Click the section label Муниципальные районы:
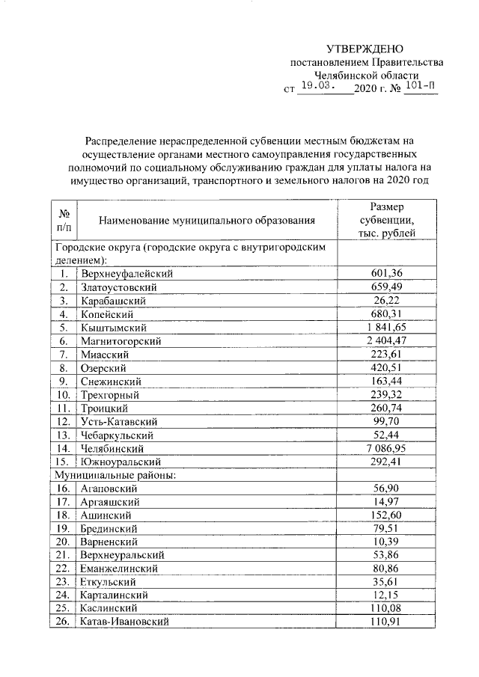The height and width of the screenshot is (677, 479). point(113,475)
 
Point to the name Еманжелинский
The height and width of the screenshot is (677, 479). point(118,569)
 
